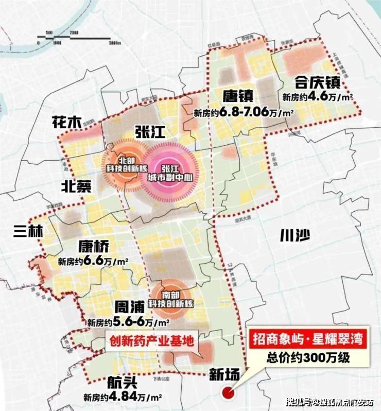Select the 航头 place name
coord(122,384)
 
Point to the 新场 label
coord(223,375)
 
